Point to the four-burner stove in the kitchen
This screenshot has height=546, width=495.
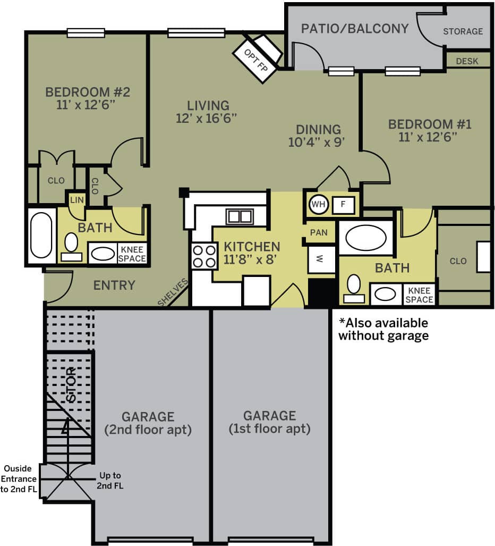click(204, 256)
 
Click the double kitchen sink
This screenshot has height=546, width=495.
click(240, 216)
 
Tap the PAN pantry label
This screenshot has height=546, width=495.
click(319, 232)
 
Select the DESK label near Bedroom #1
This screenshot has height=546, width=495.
click(467, 61)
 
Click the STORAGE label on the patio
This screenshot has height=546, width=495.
click(463, 31)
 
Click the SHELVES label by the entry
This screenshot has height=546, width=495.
click(173, 292)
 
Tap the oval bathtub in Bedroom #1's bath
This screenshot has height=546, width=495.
click(365, 238)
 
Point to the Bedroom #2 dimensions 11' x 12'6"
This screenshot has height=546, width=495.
click(87, 105)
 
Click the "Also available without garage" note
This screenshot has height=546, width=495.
click(383, 329)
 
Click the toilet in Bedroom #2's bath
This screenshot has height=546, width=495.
click(71, 246)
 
